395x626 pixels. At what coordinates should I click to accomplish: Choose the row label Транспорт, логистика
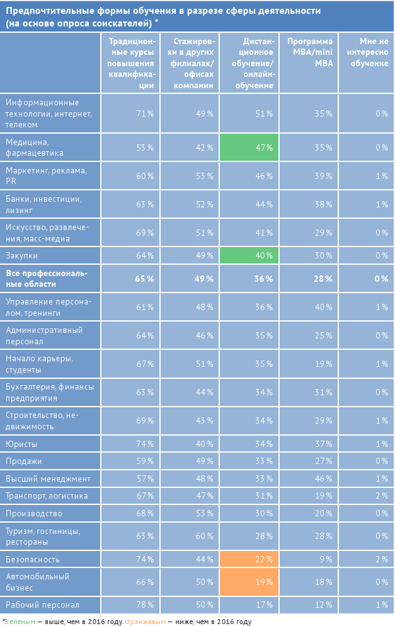47,496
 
